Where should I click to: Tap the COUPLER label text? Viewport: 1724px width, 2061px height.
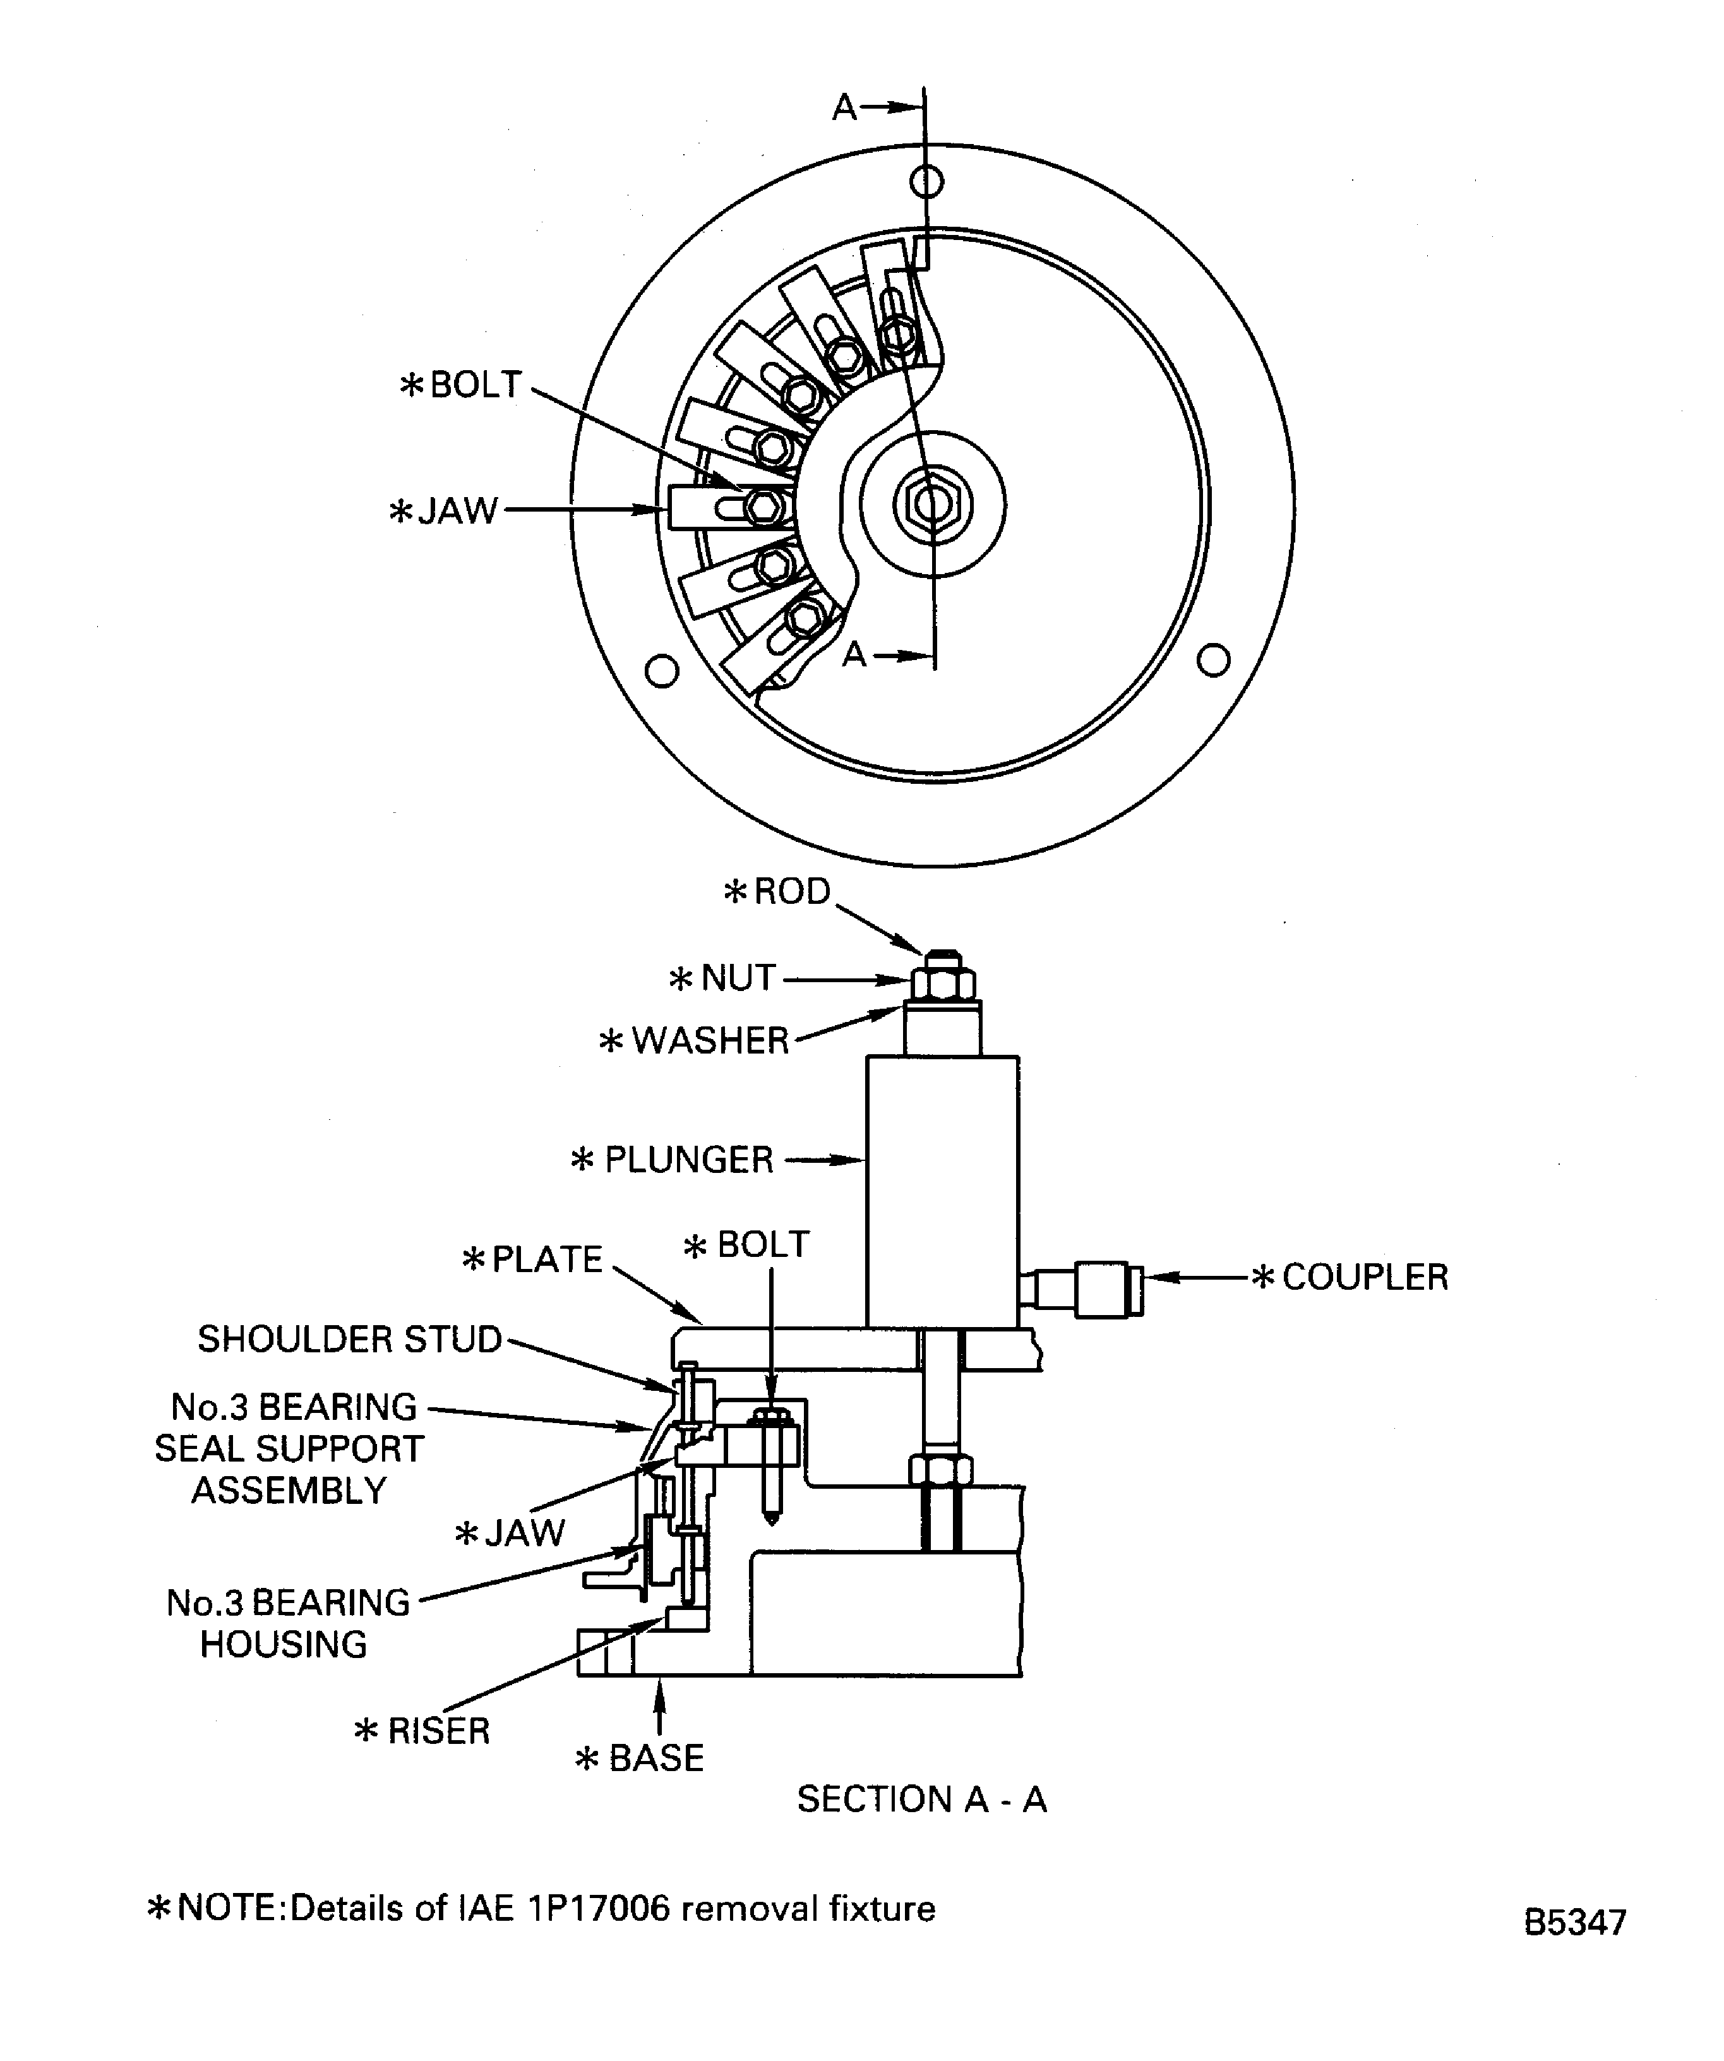click(1364, 1277)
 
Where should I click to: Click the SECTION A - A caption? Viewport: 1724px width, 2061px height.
click(921, 1799)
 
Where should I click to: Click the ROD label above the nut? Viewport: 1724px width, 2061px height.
click(791, 891)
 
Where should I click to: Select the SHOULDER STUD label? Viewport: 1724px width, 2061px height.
click(349, 1338)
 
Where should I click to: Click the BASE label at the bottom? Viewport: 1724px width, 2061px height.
click(655, 1758)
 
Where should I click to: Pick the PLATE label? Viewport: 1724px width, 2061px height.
click(546, 1259)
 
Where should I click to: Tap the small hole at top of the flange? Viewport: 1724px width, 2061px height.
click(926, 181)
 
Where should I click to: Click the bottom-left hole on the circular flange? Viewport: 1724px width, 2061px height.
click(662, 671)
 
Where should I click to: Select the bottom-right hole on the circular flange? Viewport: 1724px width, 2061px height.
click(1214, 659)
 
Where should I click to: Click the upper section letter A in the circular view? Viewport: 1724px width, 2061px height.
click(843, 107)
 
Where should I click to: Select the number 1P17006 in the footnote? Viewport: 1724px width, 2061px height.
click(599, 1908)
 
